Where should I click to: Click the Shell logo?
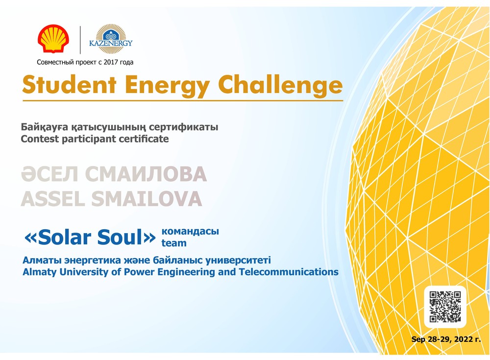[53, 38]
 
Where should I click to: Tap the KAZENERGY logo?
[111, 39]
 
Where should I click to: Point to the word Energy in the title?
[167, 86]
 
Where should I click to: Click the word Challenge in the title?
[280, 85]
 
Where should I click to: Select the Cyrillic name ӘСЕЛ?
[49, 174]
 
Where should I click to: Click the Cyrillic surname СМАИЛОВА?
[146, 174]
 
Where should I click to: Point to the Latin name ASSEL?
[53, 199]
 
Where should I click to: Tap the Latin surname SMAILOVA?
[147, 199]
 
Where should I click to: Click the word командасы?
[190, 232]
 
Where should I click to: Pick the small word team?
[174, 243]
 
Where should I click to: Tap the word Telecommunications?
[289, 272]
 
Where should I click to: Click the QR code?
[445, 307]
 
